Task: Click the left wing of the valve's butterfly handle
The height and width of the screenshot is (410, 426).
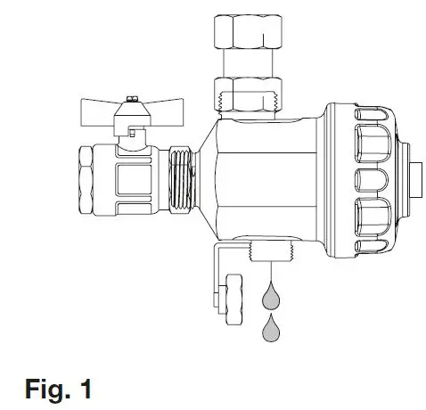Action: [100, 114]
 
